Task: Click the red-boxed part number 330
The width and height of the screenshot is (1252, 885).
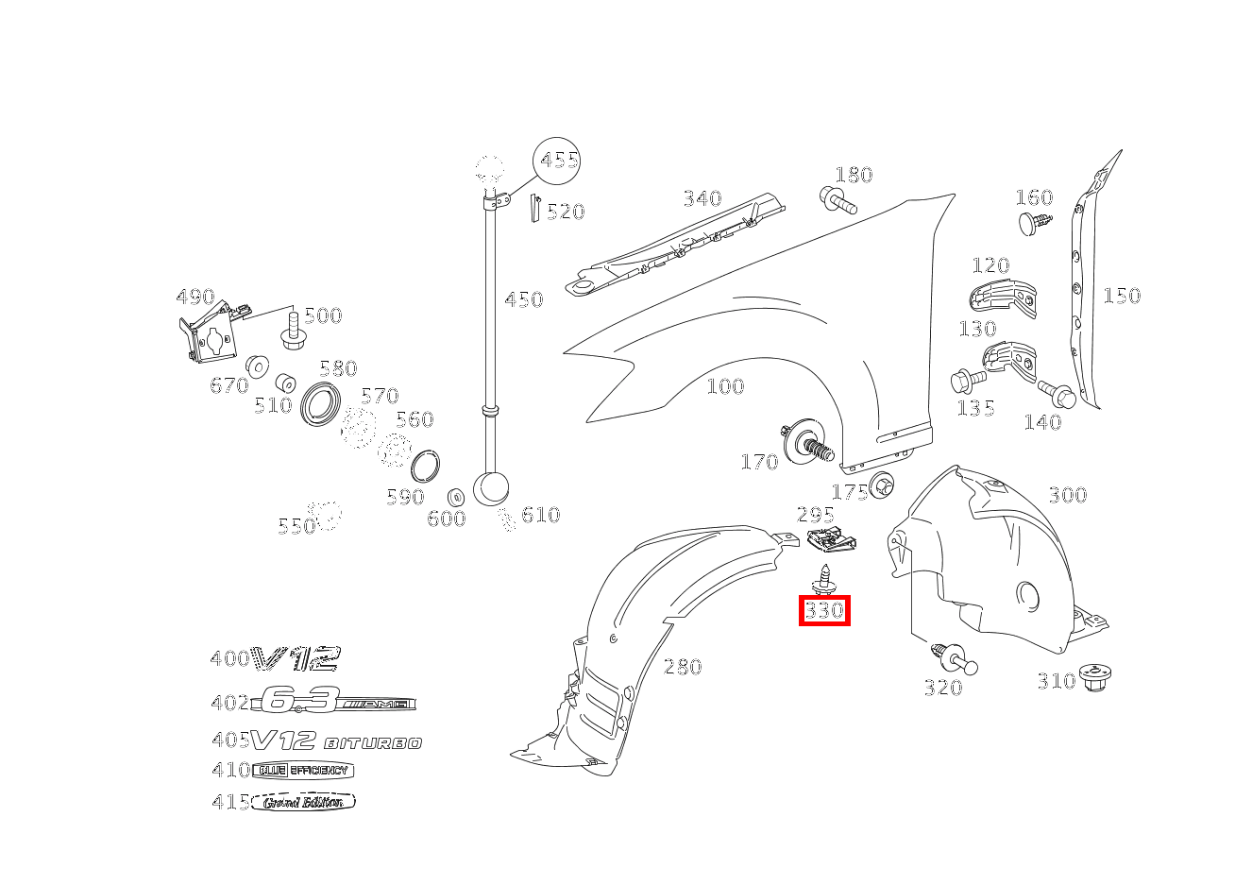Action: coord(824,611)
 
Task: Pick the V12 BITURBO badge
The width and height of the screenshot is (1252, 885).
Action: coord(336,741)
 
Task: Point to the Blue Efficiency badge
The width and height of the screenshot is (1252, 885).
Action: coord(302,770)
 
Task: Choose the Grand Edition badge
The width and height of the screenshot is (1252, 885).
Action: coord(303,802)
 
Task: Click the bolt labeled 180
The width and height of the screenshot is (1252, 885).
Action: coord(836,200)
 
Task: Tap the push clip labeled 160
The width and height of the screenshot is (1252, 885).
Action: coord(1035,223)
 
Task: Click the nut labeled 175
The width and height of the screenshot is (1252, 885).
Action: coord(883,484)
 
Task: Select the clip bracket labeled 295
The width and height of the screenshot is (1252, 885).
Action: coord(832,542)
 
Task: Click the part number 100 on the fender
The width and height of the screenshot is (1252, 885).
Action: coord(725,386)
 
